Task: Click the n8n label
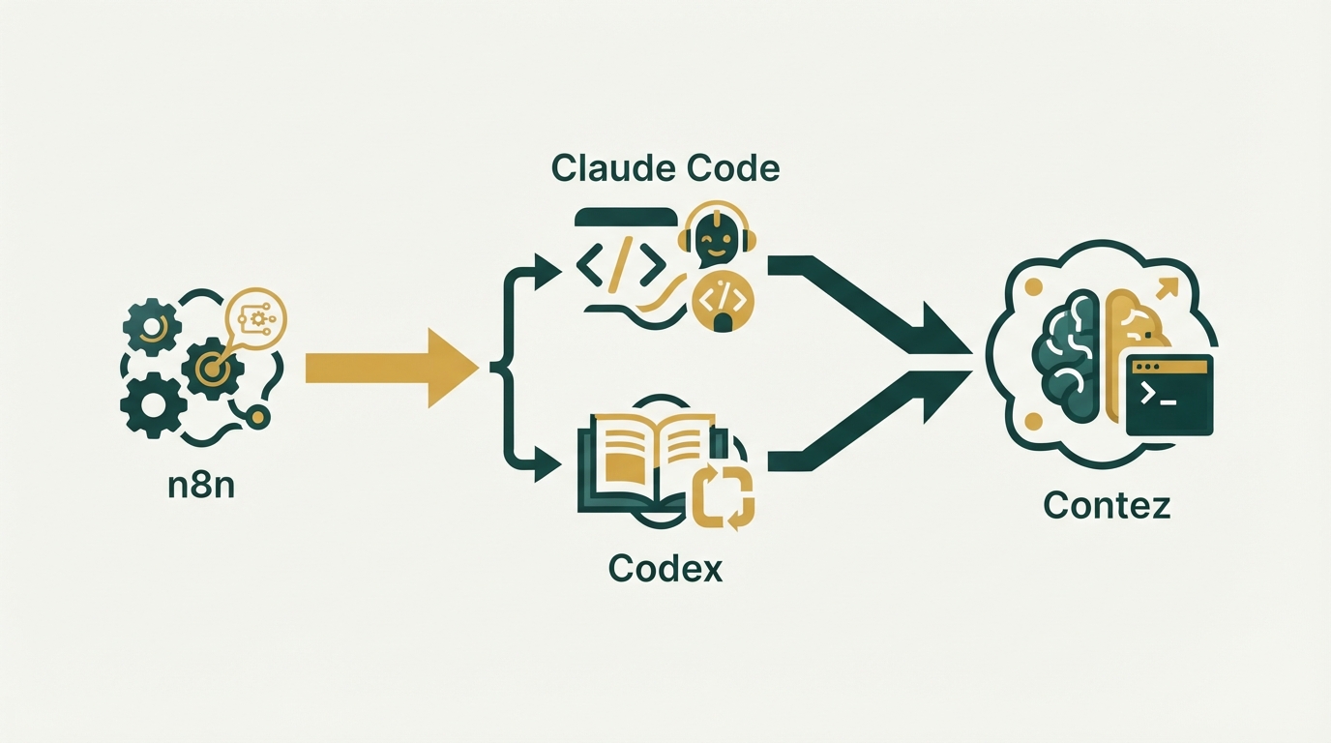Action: (x=201, y=486)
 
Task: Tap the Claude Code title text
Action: (x=665, y=168)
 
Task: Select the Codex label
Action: (x=665, y=569)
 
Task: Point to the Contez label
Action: (x=1107, y=506)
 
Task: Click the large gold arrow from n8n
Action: (x=392, y=368)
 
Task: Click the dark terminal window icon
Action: (x=1169, y=396)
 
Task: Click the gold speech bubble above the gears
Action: (x=255, y=318)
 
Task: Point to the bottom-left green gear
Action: (x=153, y=405)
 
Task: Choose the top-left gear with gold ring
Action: (x=152, y=327)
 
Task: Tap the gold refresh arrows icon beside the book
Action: (x=724, y=498)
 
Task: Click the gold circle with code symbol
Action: (x=723, y=302)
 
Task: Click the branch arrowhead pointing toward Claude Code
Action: (x=547, y=272)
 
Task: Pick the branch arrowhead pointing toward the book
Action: (x=547, y=463)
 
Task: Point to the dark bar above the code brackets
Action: (x=626, y=217)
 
